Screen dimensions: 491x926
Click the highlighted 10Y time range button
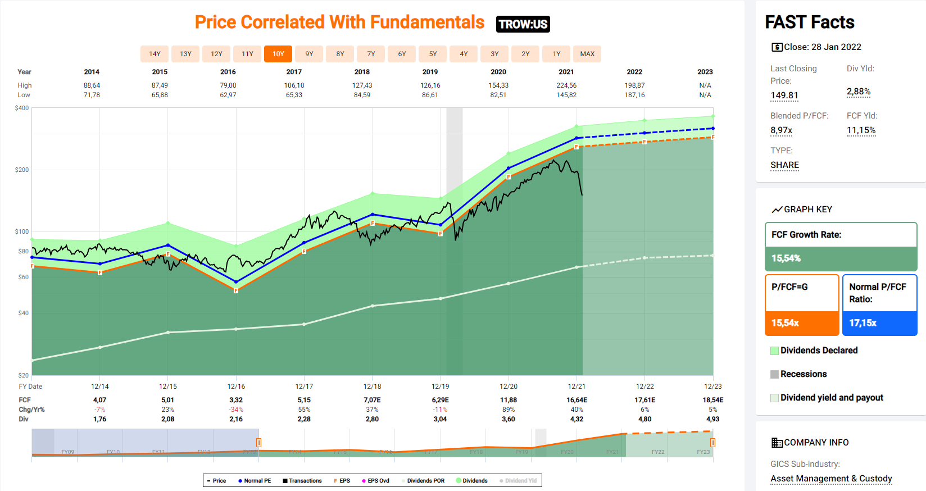(x=278, y=54)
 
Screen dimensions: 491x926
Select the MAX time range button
(x=587, y=54)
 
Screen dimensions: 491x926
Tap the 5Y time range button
(x=433, y=54)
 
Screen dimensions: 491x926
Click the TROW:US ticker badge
(x=523, y=24)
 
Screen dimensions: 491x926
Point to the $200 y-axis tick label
(x=22, y=170)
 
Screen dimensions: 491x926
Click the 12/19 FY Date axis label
(x=440, y=387)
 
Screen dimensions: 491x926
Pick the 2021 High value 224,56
(x=566, y=85)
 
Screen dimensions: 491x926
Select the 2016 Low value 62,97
(x=228, y=95)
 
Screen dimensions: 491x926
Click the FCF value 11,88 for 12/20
(x=509, y=400)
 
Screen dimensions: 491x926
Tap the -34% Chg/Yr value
(x=236, y=410)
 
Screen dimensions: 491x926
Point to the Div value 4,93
(x=712, y=419)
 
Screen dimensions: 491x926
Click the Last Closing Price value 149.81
(x=784, y=95)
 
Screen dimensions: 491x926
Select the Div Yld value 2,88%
(x=859, y=92)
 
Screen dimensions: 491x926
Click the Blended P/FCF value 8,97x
(x=781, y=130)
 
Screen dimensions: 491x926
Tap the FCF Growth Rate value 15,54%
(x=786, y=258)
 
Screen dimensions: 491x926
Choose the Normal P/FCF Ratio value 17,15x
(x=863, y=323)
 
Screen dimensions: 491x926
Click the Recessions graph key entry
(x=803, y=374)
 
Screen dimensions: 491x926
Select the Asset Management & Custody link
(x=831, y=479)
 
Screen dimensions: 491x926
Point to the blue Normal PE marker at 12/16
(x=236, y=281)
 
